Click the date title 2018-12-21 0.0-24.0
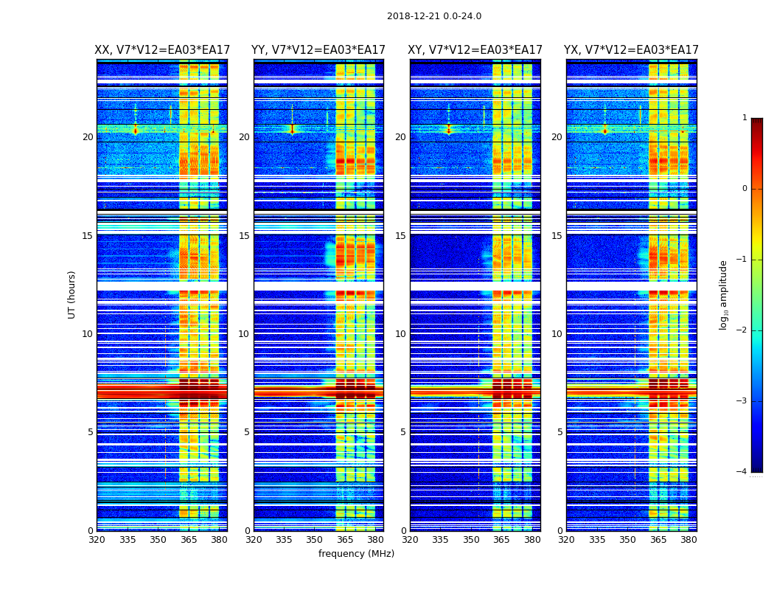433,16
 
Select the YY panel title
318,50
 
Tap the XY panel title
475,50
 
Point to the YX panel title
631,50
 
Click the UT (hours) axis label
72,294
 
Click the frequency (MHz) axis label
356,554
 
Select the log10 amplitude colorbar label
724,294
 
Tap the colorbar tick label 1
745,118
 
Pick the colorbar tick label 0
745,189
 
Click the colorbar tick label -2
743,330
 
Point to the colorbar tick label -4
743,472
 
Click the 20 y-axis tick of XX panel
88,137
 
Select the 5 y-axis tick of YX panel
560,432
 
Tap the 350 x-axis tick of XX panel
158,540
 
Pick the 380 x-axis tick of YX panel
688,540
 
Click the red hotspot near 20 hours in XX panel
135,131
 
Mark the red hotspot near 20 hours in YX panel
605,131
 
